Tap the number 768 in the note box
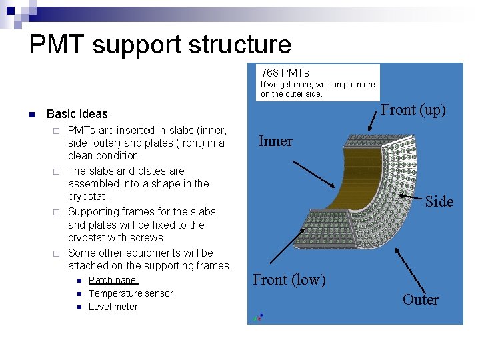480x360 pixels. [x=269, y=73]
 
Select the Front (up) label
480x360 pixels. [x=413, y=110]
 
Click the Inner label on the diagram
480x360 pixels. [x=275, y=141]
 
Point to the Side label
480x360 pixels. [x=439, y=201]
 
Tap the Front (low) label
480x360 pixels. [x=289, y=280]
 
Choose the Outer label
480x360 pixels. [x=420, y=300]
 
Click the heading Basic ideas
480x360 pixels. [x=77, y=114]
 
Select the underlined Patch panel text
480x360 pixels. [x=113, y=280]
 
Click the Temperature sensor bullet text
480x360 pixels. [x=131, y=293]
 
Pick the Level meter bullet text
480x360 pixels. [x=113, y=307]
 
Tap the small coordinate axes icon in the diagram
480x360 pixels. [x=257, y=317]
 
